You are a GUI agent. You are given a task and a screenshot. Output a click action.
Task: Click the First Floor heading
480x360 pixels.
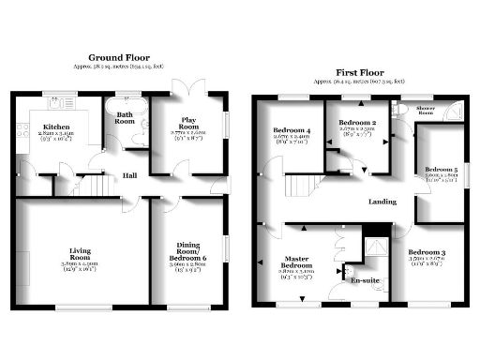pos(360,71)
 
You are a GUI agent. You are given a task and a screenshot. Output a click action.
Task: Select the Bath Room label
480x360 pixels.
pos(125,116)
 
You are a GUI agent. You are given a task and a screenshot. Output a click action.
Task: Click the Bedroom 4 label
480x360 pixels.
pos(291,131)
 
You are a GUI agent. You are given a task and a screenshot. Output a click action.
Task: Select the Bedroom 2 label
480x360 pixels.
pos(357,124)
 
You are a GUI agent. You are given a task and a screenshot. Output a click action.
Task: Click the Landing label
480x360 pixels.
pos(382,201)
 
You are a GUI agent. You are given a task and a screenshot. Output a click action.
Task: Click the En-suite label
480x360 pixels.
pos(365,280)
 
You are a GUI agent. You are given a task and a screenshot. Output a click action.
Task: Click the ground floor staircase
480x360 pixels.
pos(91,186)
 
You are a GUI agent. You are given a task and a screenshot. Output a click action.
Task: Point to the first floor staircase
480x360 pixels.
pos(304,196)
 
